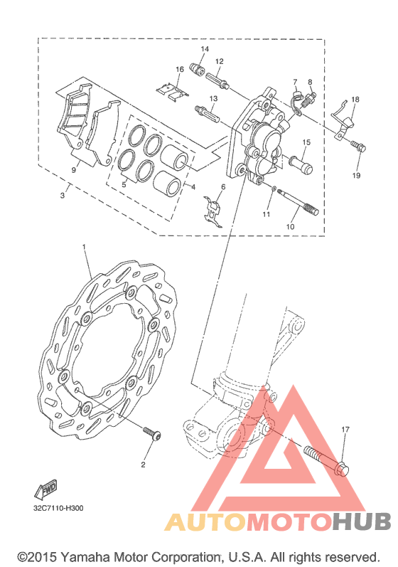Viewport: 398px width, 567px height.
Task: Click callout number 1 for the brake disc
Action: click(84, 246)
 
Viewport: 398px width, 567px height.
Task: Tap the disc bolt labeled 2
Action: click(151, 433)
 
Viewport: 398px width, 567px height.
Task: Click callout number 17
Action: click(345, 429)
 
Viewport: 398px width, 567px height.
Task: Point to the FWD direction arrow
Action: click(46, 489)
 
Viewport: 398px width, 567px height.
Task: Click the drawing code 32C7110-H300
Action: click(58, 508)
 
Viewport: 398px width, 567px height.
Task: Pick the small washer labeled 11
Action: click(274, 189)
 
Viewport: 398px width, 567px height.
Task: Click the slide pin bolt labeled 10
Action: click(298, 203)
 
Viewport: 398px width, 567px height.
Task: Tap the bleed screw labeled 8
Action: click(308, 99)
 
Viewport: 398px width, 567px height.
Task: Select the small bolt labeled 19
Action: click(358, 147)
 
